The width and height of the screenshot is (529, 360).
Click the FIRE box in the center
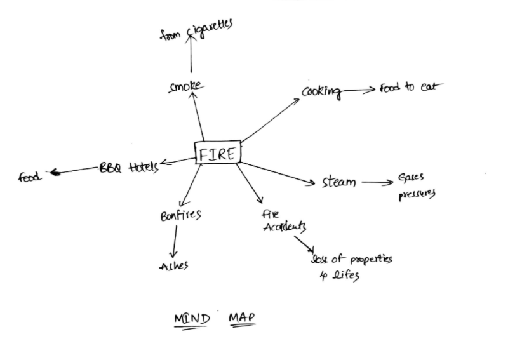click(217, 153)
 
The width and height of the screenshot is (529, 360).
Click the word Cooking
click(321, 91)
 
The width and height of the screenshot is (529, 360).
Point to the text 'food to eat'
click(406, 87)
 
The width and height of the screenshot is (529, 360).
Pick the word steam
click(338, 183)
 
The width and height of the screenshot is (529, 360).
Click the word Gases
click(411, 179)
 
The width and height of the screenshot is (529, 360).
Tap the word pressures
click(417, 194)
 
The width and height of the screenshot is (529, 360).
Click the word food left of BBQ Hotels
click(30, 176)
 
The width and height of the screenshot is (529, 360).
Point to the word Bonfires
click(180, 215)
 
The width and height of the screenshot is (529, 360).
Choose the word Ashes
click(173, 266)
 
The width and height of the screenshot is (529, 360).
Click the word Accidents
click(285, 227)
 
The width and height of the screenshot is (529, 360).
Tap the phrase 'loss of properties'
click(351, 259)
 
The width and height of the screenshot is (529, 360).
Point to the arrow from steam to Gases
click(377, 183)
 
